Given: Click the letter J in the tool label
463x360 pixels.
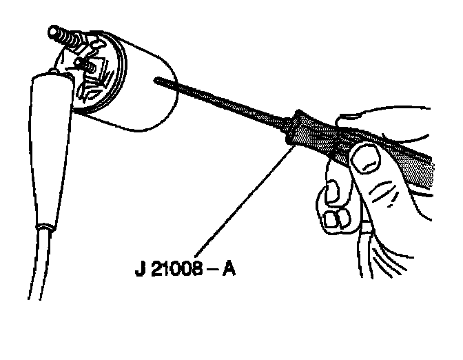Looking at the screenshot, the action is (139, 268).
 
